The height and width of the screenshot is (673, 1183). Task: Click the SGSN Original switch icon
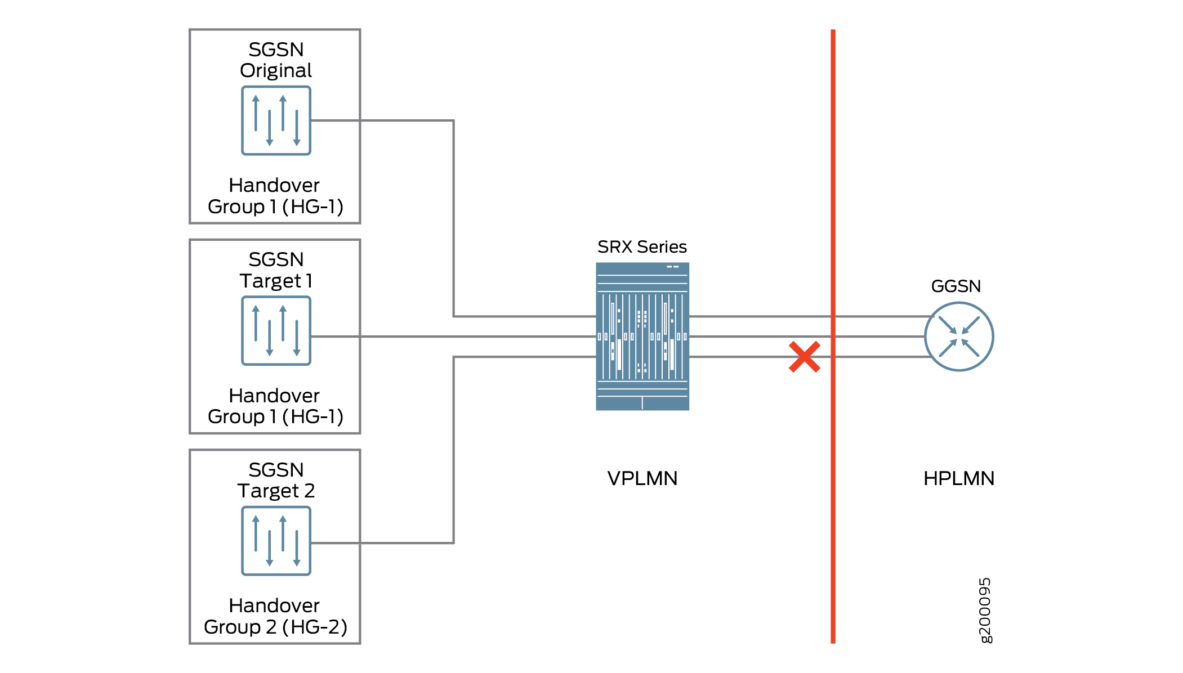click(x=276, y=120)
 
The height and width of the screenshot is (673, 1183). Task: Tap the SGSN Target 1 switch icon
click(x=276, y=331)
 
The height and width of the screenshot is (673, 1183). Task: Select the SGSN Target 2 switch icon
click(x=276, y=541)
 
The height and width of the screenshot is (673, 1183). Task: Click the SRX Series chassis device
click(x=642, y=336)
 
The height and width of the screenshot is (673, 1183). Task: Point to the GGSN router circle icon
click(x=959, y=336)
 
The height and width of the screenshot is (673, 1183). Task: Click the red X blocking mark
click(x=804, y=357)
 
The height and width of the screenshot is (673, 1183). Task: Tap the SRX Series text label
click(x=642, y=247)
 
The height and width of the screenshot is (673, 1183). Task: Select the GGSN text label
click(x=956, y=286)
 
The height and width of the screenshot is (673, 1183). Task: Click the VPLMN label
click(x=642, y=478)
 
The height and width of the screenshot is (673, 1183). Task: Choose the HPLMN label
click(x=959, y=478)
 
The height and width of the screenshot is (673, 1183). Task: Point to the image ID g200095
click(x=985, y=610)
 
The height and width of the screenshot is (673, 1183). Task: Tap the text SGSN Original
click(x=276, y=60)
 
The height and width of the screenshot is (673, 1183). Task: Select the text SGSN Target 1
click(x=276, y=270)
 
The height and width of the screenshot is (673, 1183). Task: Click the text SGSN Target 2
click(x=276, y=480)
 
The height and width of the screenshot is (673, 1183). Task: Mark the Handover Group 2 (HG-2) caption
click(x=275, y=616)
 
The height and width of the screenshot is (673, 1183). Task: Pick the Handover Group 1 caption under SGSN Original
click(x=275, y=196)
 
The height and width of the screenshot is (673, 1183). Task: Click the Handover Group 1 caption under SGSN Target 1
click(x=275, y=406)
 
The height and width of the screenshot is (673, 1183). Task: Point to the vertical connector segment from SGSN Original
click(x=454, y=218)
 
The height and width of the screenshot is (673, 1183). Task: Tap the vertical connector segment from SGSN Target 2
click(x=454, y=450)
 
